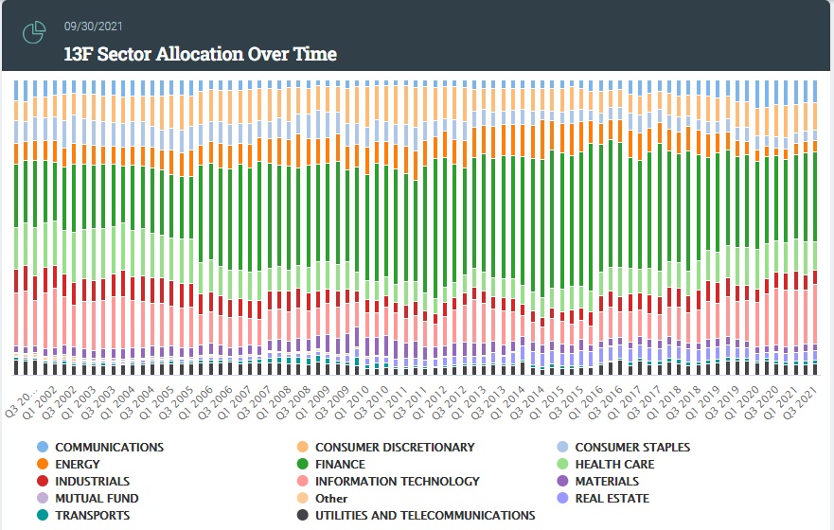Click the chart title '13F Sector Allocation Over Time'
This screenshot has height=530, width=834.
pos(200,54)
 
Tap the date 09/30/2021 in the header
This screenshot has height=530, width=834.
pos(93,26)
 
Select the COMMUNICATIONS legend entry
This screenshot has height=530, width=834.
pos(109,447)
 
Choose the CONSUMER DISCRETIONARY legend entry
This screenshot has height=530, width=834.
pos(395,447)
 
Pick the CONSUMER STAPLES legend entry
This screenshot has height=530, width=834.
pos(632,447)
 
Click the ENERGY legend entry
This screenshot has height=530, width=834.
pos(79,464)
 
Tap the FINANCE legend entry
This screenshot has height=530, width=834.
pos(340,464)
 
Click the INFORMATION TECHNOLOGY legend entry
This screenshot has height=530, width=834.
pos(398,481)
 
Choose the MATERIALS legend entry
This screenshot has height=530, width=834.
pos(607,481)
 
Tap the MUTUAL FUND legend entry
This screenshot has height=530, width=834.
pos(97,498)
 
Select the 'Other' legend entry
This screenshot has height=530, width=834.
pos(331,499)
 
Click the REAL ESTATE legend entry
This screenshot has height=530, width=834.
pos(612,498)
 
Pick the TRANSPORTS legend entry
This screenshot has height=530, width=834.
pos(92,515)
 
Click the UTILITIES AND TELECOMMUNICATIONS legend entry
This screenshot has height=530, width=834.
pos(425,515)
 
